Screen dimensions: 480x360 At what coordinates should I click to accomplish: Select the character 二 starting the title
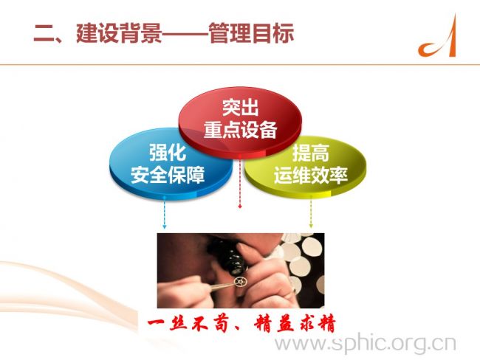pyautogui.click(x=44, y=33)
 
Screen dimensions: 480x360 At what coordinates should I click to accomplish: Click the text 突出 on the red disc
pyautogui.click(x=240, y=108)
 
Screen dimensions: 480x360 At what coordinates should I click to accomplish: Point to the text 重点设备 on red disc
pyautogui.click(x=240, y=129)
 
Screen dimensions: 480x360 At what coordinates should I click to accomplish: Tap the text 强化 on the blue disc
pyautogui.click(x=168, y=152)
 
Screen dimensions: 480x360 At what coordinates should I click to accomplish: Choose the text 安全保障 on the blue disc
pyautogui.click(x=168, y=175)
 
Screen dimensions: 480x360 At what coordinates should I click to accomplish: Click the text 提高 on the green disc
pyautogui.click(x=311, y=152)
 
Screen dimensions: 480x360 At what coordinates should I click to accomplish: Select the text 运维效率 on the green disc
pyautogui.click(x=311, y=175)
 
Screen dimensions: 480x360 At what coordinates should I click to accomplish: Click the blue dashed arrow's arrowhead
pyautogui.click(x=165, y=226)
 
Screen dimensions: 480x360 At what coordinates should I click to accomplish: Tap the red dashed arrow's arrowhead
pyautogui.click(x=240, y=207)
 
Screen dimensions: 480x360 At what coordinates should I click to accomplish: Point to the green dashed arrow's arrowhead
pyautogui.click(x=311, y=226)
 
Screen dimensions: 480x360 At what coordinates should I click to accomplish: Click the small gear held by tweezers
pyautogui.click(x=239, y=281)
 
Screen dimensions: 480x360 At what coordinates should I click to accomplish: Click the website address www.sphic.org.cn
pyautogui.click(x=366, y=344)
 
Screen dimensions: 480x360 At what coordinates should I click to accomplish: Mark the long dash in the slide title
pyautogui.click(x=185, y=33)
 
